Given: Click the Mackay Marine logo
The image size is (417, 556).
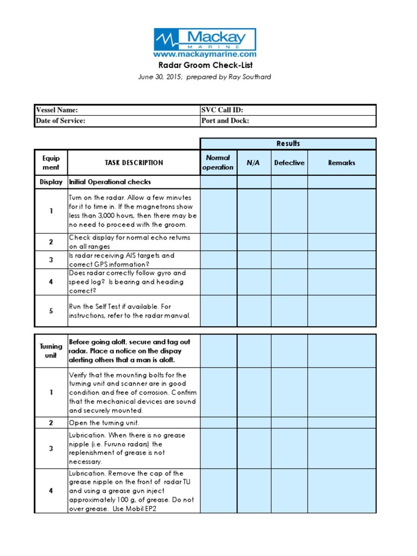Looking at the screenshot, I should (x=205, y=39).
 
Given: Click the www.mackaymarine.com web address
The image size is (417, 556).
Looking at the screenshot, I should (x=205, y=54).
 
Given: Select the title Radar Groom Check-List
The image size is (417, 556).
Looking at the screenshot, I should (x=205, y=66).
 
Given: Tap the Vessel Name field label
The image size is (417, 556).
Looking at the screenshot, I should (x=57, y=110).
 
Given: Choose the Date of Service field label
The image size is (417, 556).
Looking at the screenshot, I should (x=60, y=121).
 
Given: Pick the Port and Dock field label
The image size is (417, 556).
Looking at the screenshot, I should (x=225, y=121).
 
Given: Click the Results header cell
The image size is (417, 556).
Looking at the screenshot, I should (x=288, y=143).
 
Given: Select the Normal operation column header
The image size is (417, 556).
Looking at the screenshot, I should (x=218, y=162).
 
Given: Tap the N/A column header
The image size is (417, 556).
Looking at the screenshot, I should (x=253, y=162).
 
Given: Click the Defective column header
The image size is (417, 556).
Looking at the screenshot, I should (x=289, y=162).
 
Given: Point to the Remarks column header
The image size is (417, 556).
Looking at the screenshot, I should (x=342, y=162).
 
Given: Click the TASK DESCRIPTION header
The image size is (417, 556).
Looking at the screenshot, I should (x=134, y=162).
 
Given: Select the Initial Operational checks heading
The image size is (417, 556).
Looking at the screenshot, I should (x=110, y=182).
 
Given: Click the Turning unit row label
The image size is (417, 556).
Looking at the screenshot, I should (x=51, y=351).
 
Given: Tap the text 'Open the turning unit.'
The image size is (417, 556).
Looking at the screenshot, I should (x=104, y=422).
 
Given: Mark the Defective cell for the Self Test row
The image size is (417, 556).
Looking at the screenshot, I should (x=289, y=311).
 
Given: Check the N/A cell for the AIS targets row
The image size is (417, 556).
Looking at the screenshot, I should (x=253, y=260).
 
